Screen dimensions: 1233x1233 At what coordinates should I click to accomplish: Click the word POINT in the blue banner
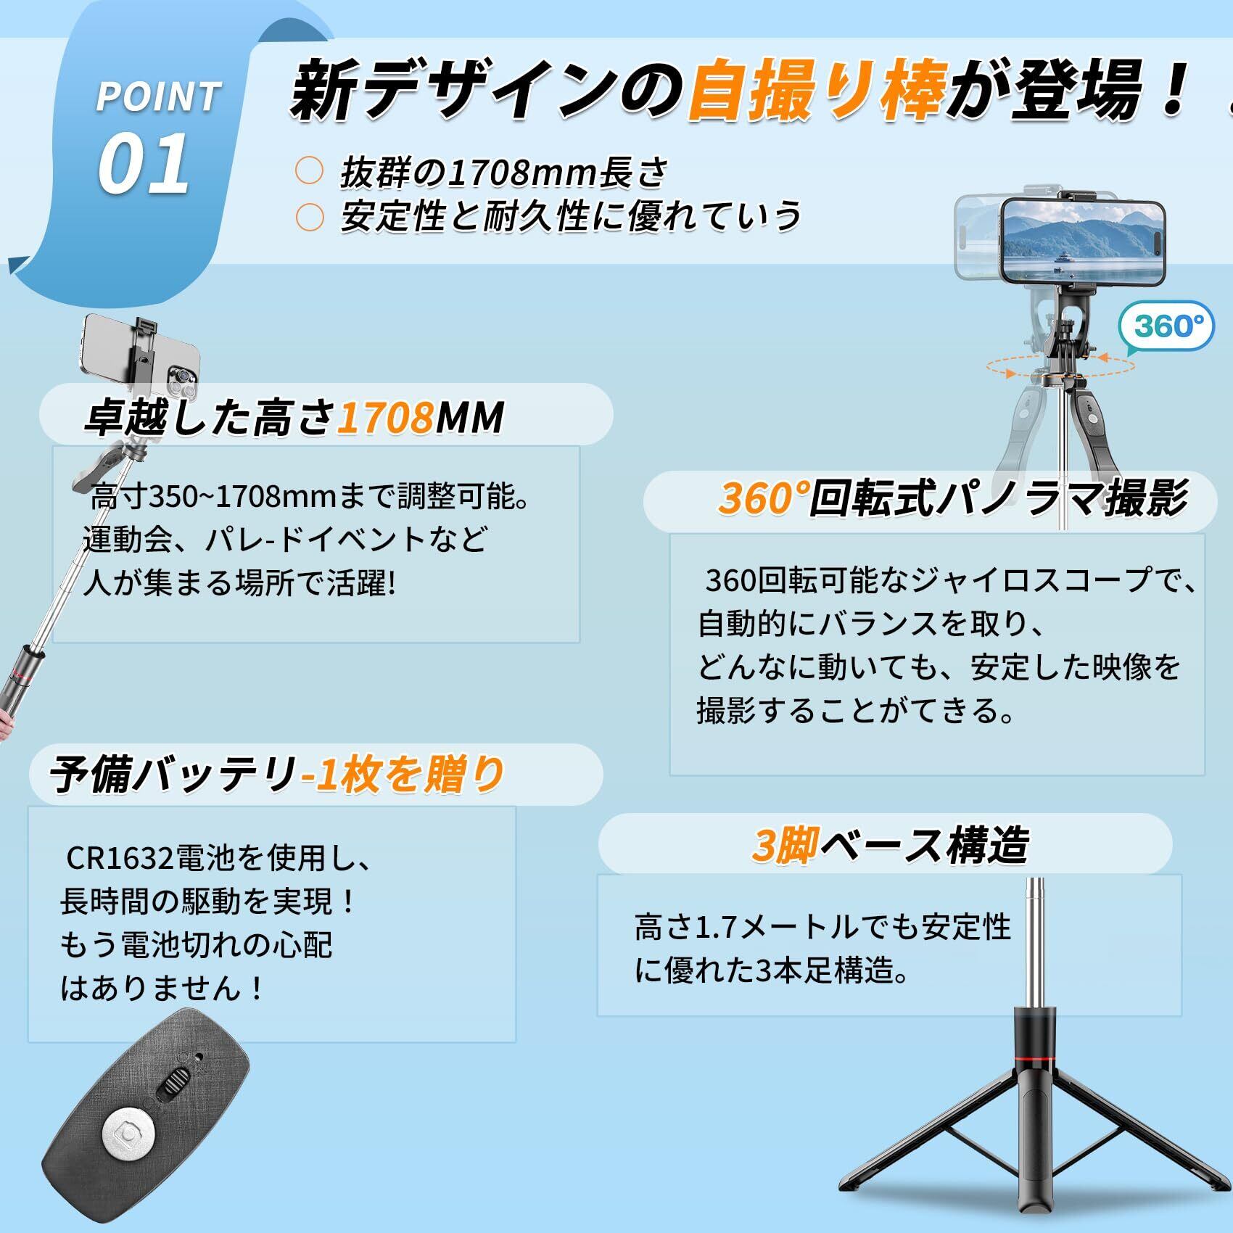(158, 97)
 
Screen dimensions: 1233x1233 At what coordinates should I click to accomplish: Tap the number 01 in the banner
(144, 164)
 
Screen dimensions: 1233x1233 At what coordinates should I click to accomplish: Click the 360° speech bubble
(1167, 327)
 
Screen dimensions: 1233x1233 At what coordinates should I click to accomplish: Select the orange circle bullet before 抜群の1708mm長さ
(310, 170)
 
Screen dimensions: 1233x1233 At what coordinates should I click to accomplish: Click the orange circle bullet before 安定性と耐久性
(310, 217)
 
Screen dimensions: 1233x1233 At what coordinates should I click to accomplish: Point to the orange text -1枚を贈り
(403, 774)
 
